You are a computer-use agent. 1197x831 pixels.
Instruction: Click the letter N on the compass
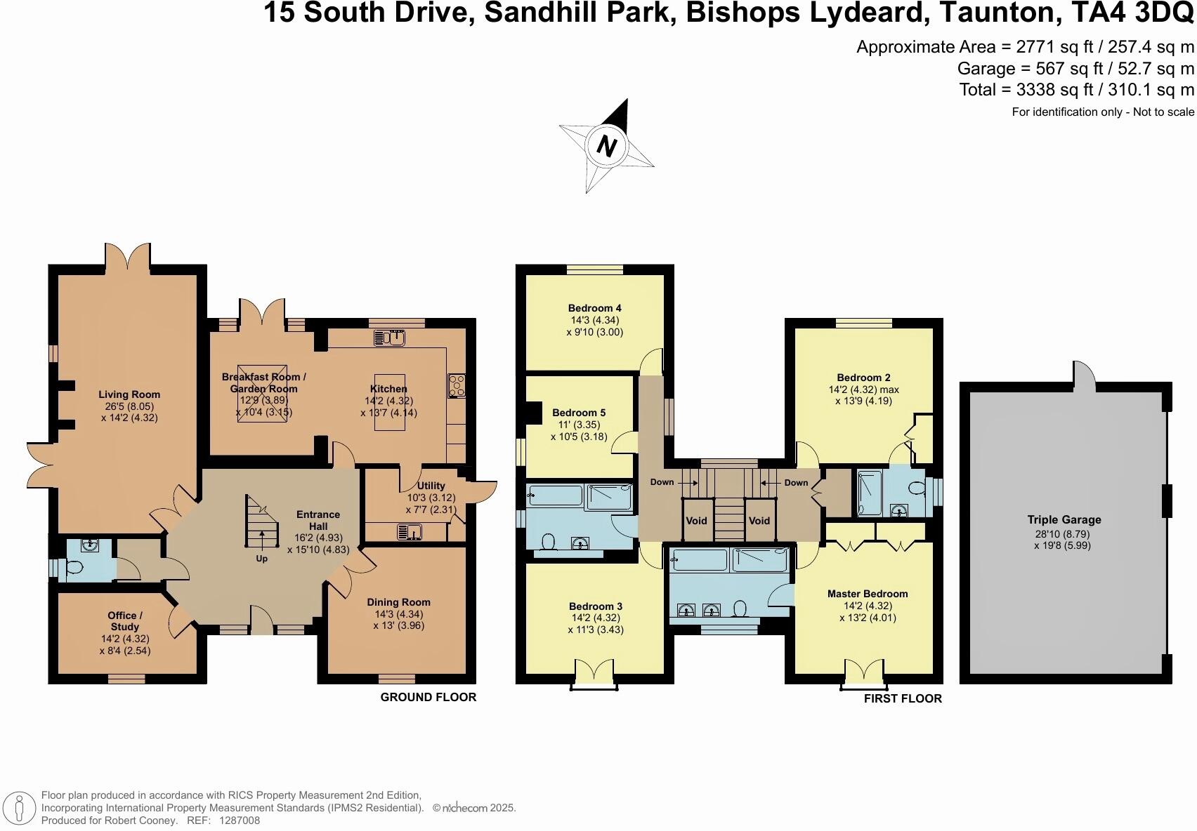tap(606, 147)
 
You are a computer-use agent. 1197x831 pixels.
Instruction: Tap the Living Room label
tap(129, 394)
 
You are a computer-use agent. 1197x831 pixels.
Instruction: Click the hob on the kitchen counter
tap(457, 385)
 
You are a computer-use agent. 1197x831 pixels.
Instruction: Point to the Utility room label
tap(431, 486)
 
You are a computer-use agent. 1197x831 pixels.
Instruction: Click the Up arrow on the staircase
tap(262, 542)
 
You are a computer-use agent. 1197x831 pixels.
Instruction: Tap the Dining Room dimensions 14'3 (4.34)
tap(398, 613)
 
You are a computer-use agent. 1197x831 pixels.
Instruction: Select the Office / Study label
tap(124, 621)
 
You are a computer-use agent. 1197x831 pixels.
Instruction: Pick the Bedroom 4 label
tap(594, 308)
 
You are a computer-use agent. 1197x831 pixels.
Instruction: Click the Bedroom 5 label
tap(578, 413)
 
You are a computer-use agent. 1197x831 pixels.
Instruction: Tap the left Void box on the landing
tap(696, 521)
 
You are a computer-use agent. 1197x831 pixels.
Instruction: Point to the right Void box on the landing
tap(759, 521)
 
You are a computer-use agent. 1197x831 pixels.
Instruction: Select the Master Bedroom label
tap(868, 594)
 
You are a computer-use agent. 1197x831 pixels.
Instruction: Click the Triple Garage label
tap(1064, 520)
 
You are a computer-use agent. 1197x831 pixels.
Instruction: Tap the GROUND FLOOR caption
tap(429, 697)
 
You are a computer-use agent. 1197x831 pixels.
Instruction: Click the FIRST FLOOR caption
tap(903, 698)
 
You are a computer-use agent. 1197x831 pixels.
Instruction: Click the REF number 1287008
tap(240, 820)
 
